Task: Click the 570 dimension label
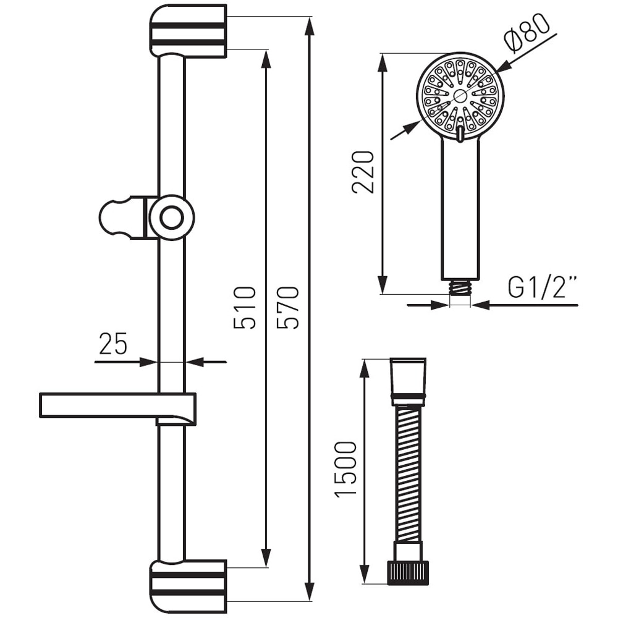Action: tap(288, 307)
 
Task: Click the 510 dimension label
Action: tap(245, 307)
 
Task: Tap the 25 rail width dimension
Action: tap(112, 343)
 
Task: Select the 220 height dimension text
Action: tap(363, 172)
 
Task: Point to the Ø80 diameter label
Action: tap(527, 34)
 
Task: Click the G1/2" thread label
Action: tap(542, 287)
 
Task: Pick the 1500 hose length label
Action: tap(345, 468)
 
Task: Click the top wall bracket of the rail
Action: tap(187, 31)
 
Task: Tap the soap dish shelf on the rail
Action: tap(99, 405)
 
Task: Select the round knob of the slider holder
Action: tap(171, 218)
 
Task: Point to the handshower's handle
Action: tap(460, 210)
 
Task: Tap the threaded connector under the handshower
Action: tap(460, 287)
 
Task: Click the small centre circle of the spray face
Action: tap(460, 95)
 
